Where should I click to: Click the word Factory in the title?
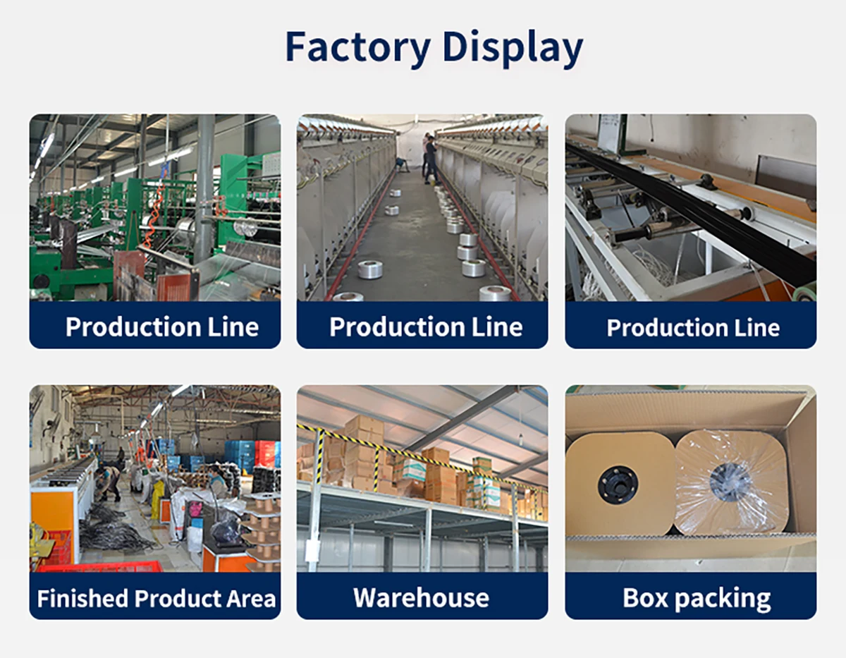(x=357, y=47)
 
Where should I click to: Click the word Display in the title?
(x=513, y=47)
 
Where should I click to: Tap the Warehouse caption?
(x=422, y=598)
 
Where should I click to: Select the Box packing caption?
(x=697, y=598)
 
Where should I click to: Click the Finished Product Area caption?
(x=155, y=598)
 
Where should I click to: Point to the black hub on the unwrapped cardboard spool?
(x=618, y=484)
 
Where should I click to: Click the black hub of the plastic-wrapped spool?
(x=730, y=482)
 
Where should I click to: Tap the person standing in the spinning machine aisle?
(x=431, y=159)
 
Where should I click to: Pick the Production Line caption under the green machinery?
(x=161, y=327)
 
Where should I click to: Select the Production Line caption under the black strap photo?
(x=693, y=327)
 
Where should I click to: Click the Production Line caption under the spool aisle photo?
(x=425, y=327)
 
